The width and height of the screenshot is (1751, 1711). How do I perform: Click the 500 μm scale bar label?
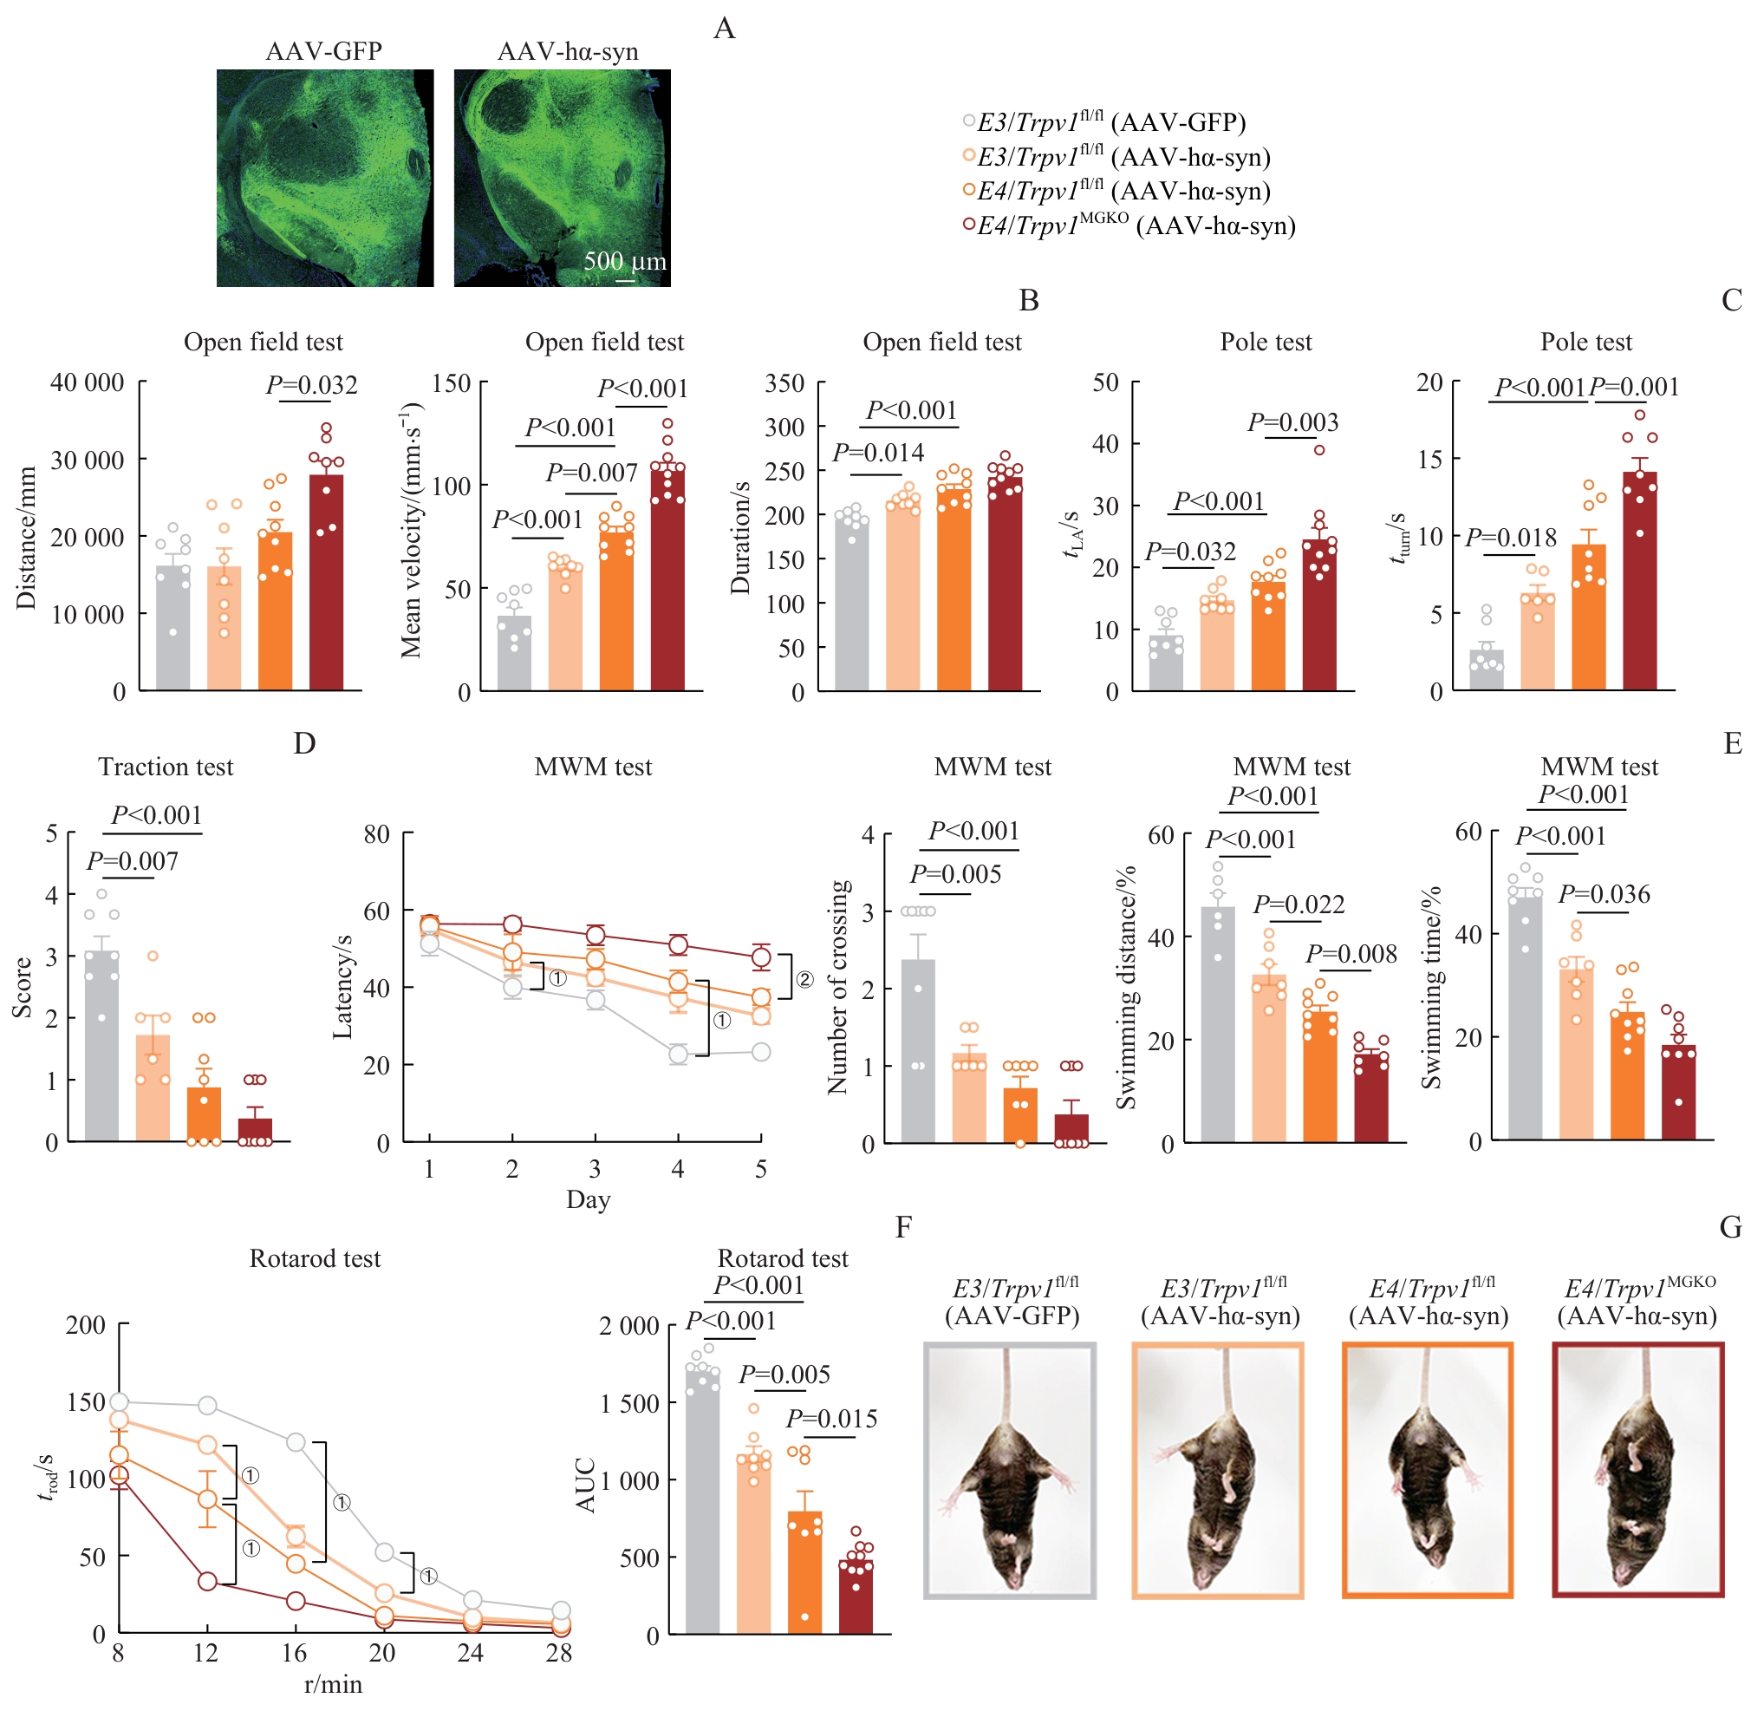coord(624,262)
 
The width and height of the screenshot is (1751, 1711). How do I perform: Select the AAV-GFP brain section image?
coord(324,178)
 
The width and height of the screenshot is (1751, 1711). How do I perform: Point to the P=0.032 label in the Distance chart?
coord(312,386)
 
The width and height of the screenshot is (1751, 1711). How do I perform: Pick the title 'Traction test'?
coord(166,767)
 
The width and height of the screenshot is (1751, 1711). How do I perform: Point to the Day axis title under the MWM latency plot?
coord(588,1199)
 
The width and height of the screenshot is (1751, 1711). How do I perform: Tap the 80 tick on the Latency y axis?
coord(376,834)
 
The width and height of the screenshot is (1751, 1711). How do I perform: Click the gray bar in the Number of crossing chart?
coord(917,1051)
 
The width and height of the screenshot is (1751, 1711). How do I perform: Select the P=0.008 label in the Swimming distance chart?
coord(1351,954)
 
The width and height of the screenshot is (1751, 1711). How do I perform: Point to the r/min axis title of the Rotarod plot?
coord(334,1683)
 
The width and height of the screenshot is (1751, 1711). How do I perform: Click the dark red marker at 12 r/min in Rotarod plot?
coord(207,1582)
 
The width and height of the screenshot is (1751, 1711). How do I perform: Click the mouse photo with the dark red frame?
coord(1637,1470)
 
